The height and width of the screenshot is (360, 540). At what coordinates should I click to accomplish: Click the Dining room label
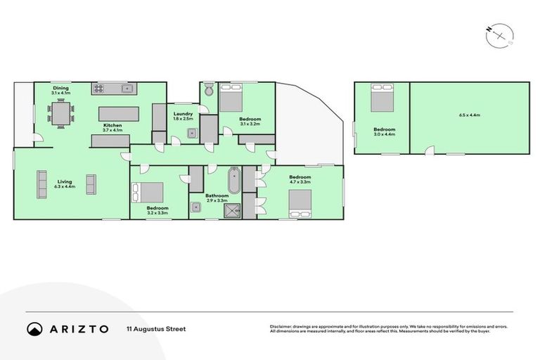point(60,88)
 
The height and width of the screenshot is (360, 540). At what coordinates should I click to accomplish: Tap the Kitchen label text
point(112,125)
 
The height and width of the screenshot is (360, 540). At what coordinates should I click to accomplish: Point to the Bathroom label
point(217,195)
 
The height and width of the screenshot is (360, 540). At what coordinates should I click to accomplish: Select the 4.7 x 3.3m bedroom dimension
point(300,181)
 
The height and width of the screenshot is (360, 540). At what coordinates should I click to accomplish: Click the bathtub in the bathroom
point(233,180)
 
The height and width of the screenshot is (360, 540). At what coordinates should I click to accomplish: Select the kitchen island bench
point(119,113)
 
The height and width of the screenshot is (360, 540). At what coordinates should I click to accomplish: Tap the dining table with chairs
point(61,113)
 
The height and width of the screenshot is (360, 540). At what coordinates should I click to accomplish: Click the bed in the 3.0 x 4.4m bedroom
point(382,98)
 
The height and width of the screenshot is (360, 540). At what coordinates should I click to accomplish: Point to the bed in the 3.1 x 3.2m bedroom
point(232,98)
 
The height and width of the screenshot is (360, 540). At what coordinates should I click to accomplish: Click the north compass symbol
point(499,34)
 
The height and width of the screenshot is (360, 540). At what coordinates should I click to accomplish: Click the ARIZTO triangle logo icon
point(34,328)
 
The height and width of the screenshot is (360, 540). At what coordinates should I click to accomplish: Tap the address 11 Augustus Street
point(156,328)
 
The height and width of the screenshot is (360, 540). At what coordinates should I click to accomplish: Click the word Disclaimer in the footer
point(281,326)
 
